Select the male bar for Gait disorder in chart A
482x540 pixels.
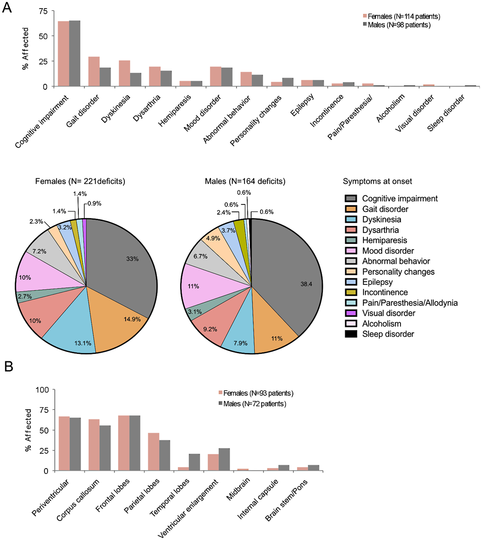(105, 77)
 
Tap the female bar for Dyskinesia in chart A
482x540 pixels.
(125, 73)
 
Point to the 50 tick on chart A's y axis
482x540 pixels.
(43, 36)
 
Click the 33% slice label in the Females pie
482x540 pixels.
(132, 259)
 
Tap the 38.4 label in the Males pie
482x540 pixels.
(306, 284)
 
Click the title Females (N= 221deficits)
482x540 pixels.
(80, 181)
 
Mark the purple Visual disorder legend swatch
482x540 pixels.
(351, 313)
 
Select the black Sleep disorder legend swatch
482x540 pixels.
(351, 334)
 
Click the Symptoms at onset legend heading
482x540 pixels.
(378, 181)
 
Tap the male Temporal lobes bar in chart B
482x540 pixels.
(194, 462)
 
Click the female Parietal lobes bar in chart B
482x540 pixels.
(154, 452)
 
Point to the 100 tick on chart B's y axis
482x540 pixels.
(42, 390)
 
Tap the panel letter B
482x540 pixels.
(9, 367)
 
